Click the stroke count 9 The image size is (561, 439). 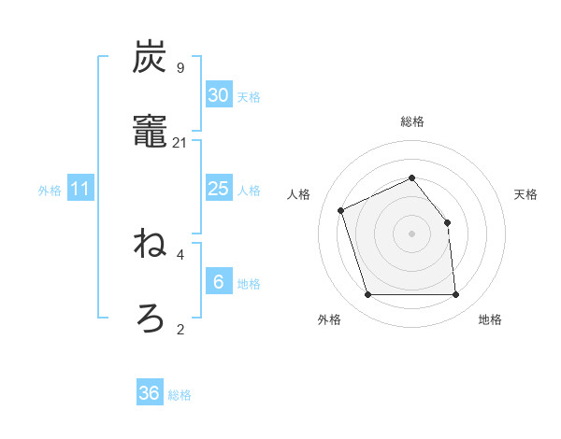(180, 68)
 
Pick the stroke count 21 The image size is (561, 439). (180, 143)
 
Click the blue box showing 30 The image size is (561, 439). (218, 95)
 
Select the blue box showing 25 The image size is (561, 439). (218, 189)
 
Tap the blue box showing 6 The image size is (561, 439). (218, 282)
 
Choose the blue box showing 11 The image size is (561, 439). (80, 189)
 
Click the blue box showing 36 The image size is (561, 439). (150, 393)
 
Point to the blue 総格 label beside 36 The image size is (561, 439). (180, 395)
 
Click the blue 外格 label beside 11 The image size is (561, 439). (50, 191)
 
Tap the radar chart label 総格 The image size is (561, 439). (411, 121)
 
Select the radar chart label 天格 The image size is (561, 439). (526, 194)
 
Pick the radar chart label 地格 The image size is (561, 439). (490, 319)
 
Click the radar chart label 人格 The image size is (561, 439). (298, 194)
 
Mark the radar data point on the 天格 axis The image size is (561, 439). (447, 222)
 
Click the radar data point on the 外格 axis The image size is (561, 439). (367, 295)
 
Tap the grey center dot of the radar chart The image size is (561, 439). (411, 234)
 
